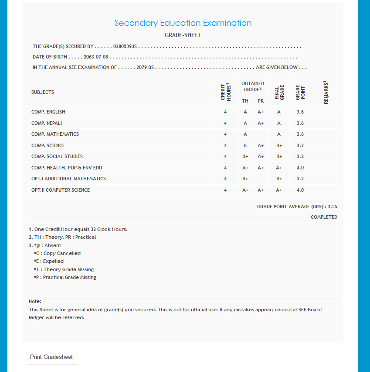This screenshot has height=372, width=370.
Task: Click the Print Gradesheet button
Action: pyautogui.click(x=51, y=357)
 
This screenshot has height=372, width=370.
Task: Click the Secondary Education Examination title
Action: pyautogui.click(x=183, y=23)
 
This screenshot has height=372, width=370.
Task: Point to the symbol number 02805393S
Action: pyautogui.click(x=125, y=46)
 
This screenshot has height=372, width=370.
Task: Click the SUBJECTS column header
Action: pyautogui.click(x=43, y=92)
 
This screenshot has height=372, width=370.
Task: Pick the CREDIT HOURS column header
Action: pyautogui.click(x=225, y=92)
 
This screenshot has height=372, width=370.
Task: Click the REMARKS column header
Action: pyautogui.click(x=326, y=92)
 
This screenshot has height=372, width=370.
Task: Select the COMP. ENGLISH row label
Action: pyautogui.click(x=48, y=112)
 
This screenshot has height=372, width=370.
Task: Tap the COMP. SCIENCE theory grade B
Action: pyautogui.click(x=245, y=145)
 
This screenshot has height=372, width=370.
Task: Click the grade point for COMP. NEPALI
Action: pyautogui.click(x=300, y=123)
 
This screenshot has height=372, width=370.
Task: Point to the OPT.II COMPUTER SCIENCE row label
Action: pyautogui.click(x=61, y=190)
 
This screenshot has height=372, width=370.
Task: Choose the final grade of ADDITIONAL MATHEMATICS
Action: pyautogui.click(x=279, y=179)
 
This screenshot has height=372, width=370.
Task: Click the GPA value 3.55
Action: pyautogui.click(x=332, y=207)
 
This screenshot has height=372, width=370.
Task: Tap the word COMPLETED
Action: pyautogui.click(x=324, y=217)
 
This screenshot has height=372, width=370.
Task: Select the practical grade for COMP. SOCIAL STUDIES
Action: pyautogui.click(x=261, y=156)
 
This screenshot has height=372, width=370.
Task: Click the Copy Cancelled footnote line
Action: pyautogui.click(x=57, y=253)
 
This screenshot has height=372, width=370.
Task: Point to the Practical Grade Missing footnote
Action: pyautogui.click(x=65, y=277)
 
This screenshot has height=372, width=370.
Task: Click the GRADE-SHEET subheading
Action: pyautogui.click(x=183, y=35)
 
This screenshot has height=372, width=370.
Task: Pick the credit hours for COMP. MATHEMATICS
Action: pyautogui.click(x=225, y=134)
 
